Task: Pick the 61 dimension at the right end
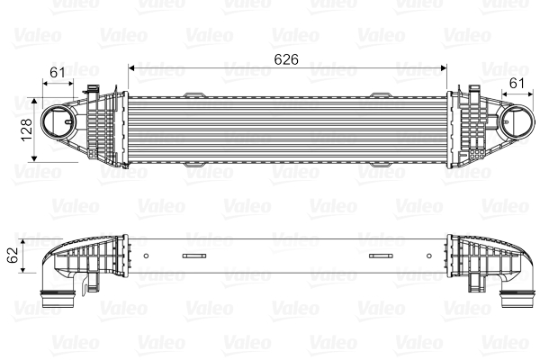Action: click(516, 84)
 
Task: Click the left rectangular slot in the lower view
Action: click(193, 256)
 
